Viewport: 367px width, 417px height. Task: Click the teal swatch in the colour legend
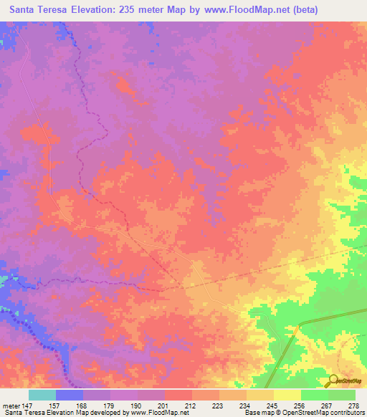(x=42, y=395)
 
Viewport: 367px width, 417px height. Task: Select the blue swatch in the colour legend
(x=70, y=395)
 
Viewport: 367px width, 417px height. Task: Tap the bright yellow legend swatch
(x=287, y=395)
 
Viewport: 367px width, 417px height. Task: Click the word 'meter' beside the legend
(x=12, y=405)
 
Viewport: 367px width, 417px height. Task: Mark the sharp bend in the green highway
(x=297, y=326)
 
